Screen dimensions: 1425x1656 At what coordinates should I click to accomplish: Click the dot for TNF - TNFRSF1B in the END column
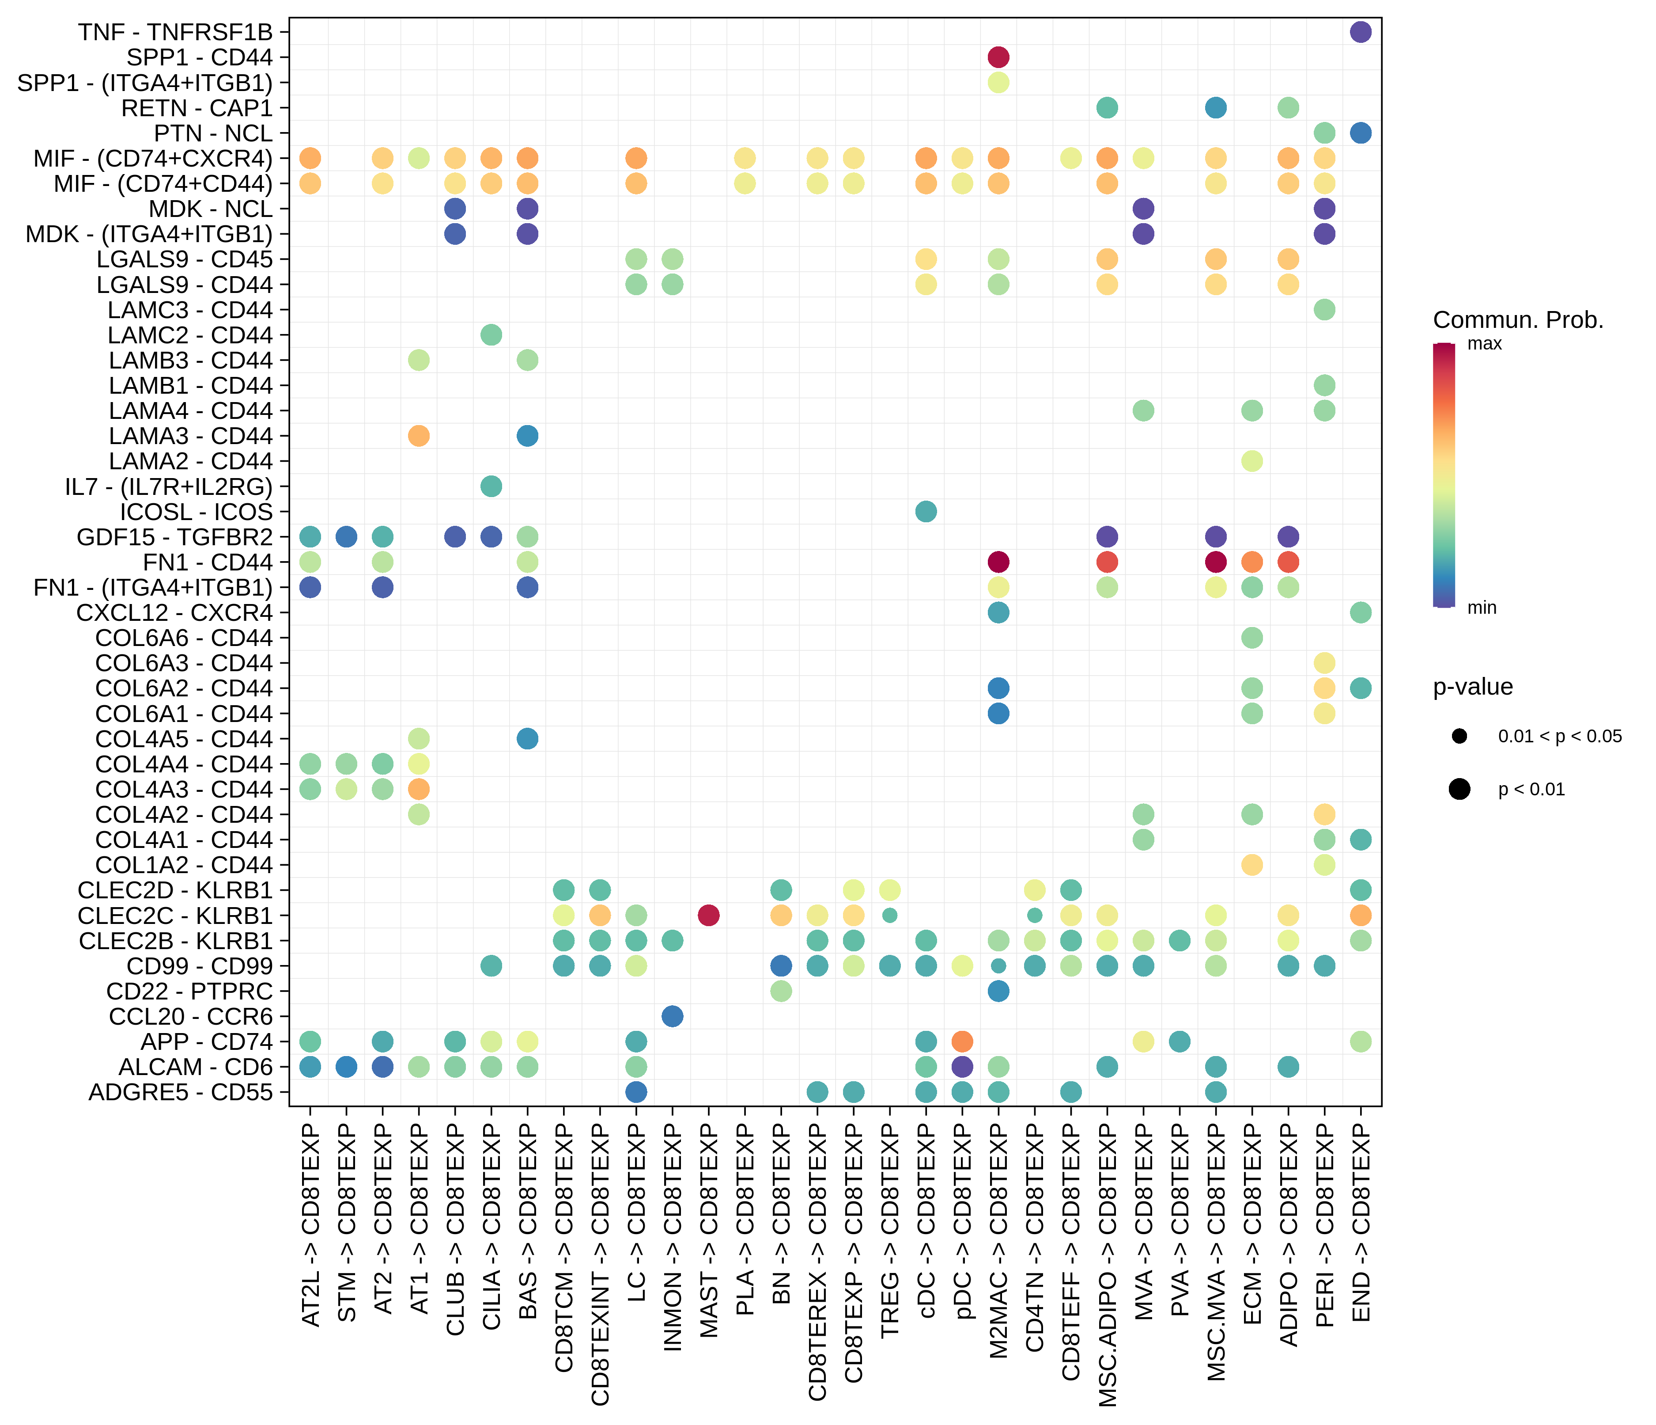coord(1360,32)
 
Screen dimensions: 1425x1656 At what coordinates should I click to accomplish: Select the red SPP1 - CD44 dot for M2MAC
coord(998,57)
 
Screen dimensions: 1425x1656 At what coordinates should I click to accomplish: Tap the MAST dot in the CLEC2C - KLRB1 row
coord(708,915)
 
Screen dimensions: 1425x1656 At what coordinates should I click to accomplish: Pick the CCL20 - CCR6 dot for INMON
coord(672,1016)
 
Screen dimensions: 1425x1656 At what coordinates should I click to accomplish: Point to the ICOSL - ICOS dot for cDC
coord(926,511)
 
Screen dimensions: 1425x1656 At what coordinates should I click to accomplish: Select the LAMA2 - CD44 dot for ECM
coord(1251,460)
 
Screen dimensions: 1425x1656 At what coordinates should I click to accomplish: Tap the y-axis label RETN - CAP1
coord(197,108)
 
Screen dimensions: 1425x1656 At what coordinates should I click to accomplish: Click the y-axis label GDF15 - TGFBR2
coord(174,536)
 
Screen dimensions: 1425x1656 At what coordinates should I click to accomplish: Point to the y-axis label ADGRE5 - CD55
coord(181,1092)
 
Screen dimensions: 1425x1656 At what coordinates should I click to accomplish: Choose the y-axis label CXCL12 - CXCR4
coord(174,612)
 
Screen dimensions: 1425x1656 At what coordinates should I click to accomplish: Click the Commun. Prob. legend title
coord(1518,320)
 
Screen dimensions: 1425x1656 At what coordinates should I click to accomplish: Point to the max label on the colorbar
coord(1484,344)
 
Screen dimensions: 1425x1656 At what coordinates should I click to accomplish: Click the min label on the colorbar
coord(1482,608)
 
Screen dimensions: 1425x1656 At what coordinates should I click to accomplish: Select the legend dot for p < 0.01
coord(1459,789)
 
